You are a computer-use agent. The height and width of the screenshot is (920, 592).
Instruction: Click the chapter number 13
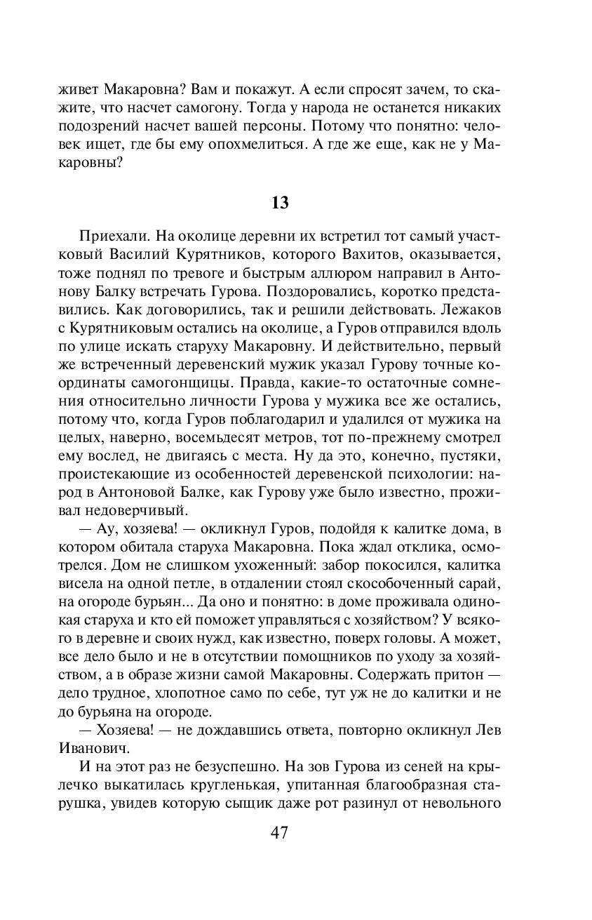point(280,203)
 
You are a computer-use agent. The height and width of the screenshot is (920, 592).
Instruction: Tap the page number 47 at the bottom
point(279,833)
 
